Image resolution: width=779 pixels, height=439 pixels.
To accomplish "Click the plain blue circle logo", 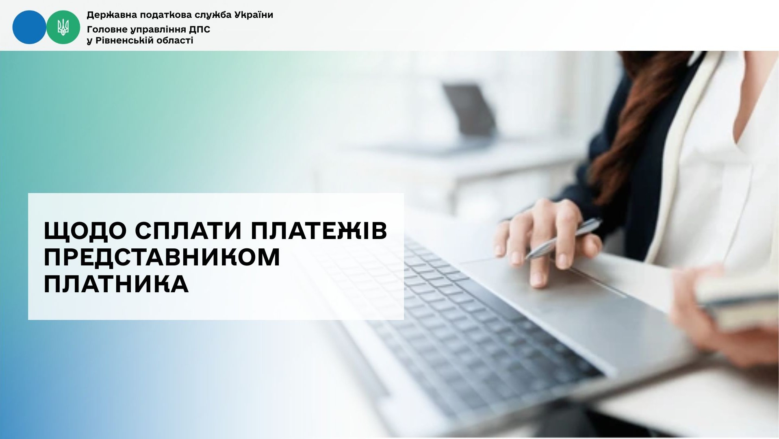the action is pos(29,27).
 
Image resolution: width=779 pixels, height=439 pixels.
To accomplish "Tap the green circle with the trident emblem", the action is pos(63,27).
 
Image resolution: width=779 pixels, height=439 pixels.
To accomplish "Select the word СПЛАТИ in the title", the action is pos(189,230).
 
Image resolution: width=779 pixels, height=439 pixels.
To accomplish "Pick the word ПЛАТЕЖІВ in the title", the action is pos(319,230).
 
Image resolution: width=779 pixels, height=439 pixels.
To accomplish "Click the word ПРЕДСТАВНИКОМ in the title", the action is pos(162,257).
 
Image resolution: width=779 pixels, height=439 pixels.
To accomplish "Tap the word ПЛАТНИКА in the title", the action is pos(116,284).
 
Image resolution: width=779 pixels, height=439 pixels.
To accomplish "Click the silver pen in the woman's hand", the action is pos(563,239).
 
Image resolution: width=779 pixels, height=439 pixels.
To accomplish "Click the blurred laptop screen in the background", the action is pos(470,110).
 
